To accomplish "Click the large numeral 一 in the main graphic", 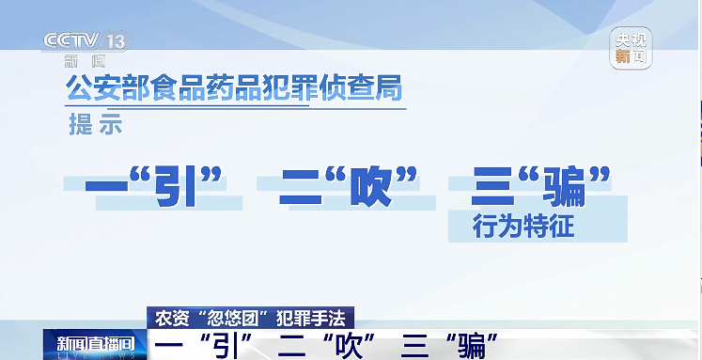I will pos(106,187).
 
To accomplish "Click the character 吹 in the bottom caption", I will pos(344,345).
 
